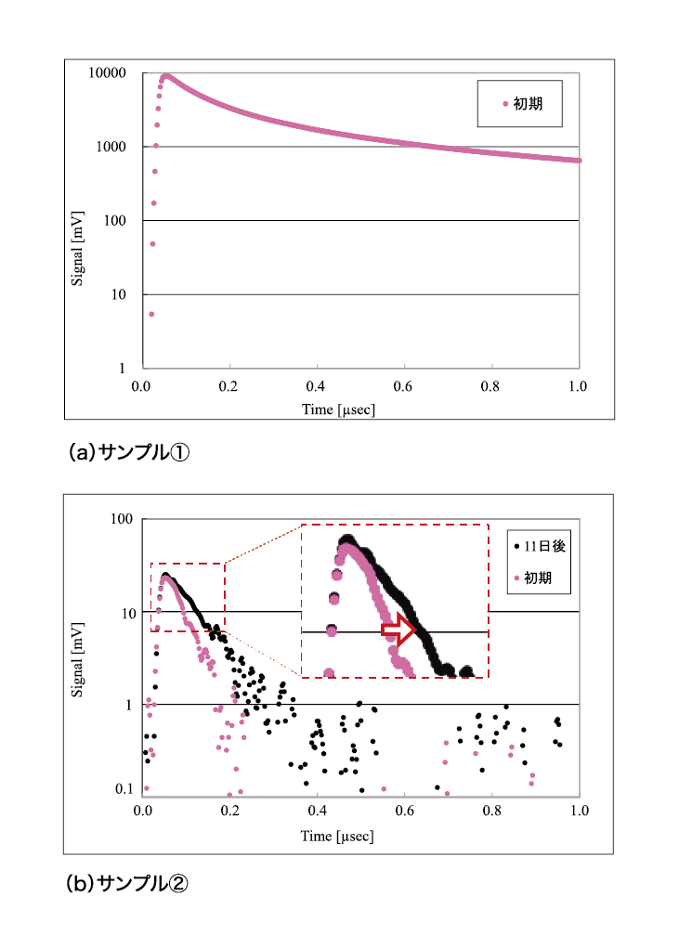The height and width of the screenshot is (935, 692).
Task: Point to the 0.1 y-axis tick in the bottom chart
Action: [125, 790]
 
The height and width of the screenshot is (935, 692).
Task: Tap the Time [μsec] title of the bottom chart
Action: [338, 837]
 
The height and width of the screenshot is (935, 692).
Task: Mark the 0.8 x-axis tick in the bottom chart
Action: [492, 809]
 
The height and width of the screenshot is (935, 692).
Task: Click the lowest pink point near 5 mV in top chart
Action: [151, 314]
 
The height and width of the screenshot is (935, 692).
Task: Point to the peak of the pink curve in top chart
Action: [165, 76]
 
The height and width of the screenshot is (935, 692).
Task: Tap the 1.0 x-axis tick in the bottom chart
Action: [580, 809]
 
